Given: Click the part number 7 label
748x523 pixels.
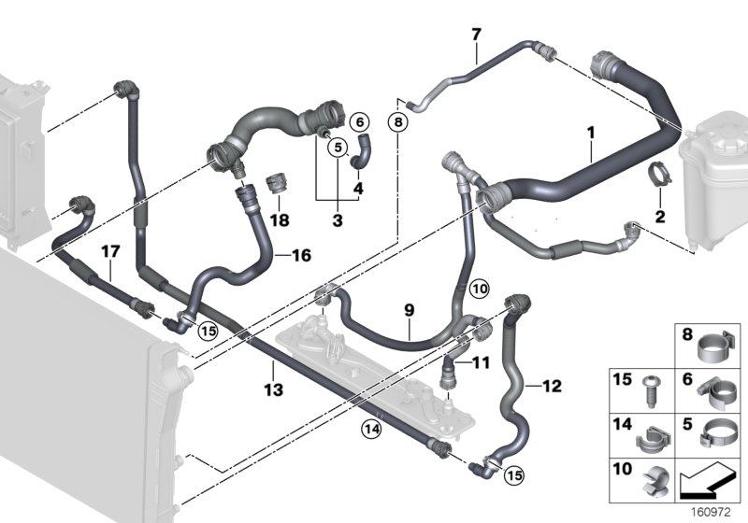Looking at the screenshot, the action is pos(476,35).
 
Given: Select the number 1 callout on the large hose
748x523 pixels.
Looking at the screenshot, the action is pos(591,133).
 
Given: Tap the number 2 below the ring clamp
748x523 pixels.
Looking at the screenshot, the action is pos(660,217).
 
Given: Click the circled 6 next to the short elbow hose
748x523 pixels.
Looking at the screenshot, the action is pos(360,122).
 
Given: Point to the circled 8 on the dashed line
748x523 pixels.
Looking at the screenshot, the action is pos(398,122).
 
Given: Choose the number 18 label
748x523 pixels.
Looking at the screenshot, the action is pos(280,220).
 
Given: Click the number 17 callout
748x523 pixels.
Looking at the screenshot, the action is pos(110,251).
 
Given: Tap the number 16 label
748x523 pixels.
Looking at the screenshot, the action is pos(301,255).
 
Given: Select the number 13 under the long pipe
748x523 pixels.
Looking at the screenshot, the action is pos(273,389).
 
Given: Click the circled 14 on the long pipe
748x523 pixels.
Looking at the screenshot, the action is pos(371,430).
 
